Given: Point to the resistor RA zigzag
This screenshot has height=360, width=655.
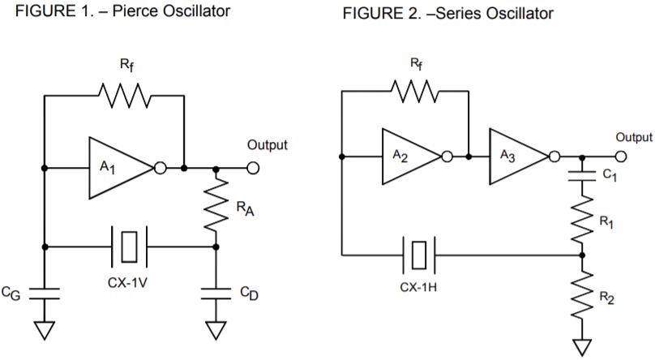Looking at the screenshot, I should (216, 207).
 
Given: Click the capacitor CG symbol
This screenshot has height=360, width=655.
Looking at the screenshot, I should (45, 294).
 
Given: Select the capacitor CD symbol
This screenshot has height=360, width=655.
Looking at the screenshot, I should (216, 294).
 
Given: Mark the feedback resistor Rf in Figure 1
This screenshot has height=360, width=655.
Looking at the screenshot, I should (124, 95).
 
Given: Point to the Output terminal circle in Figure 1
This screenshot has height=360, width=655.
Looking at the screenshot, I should (253, 168).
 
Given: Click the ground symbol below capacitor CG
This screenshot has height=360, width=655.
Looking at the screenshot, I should (45, 329).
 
